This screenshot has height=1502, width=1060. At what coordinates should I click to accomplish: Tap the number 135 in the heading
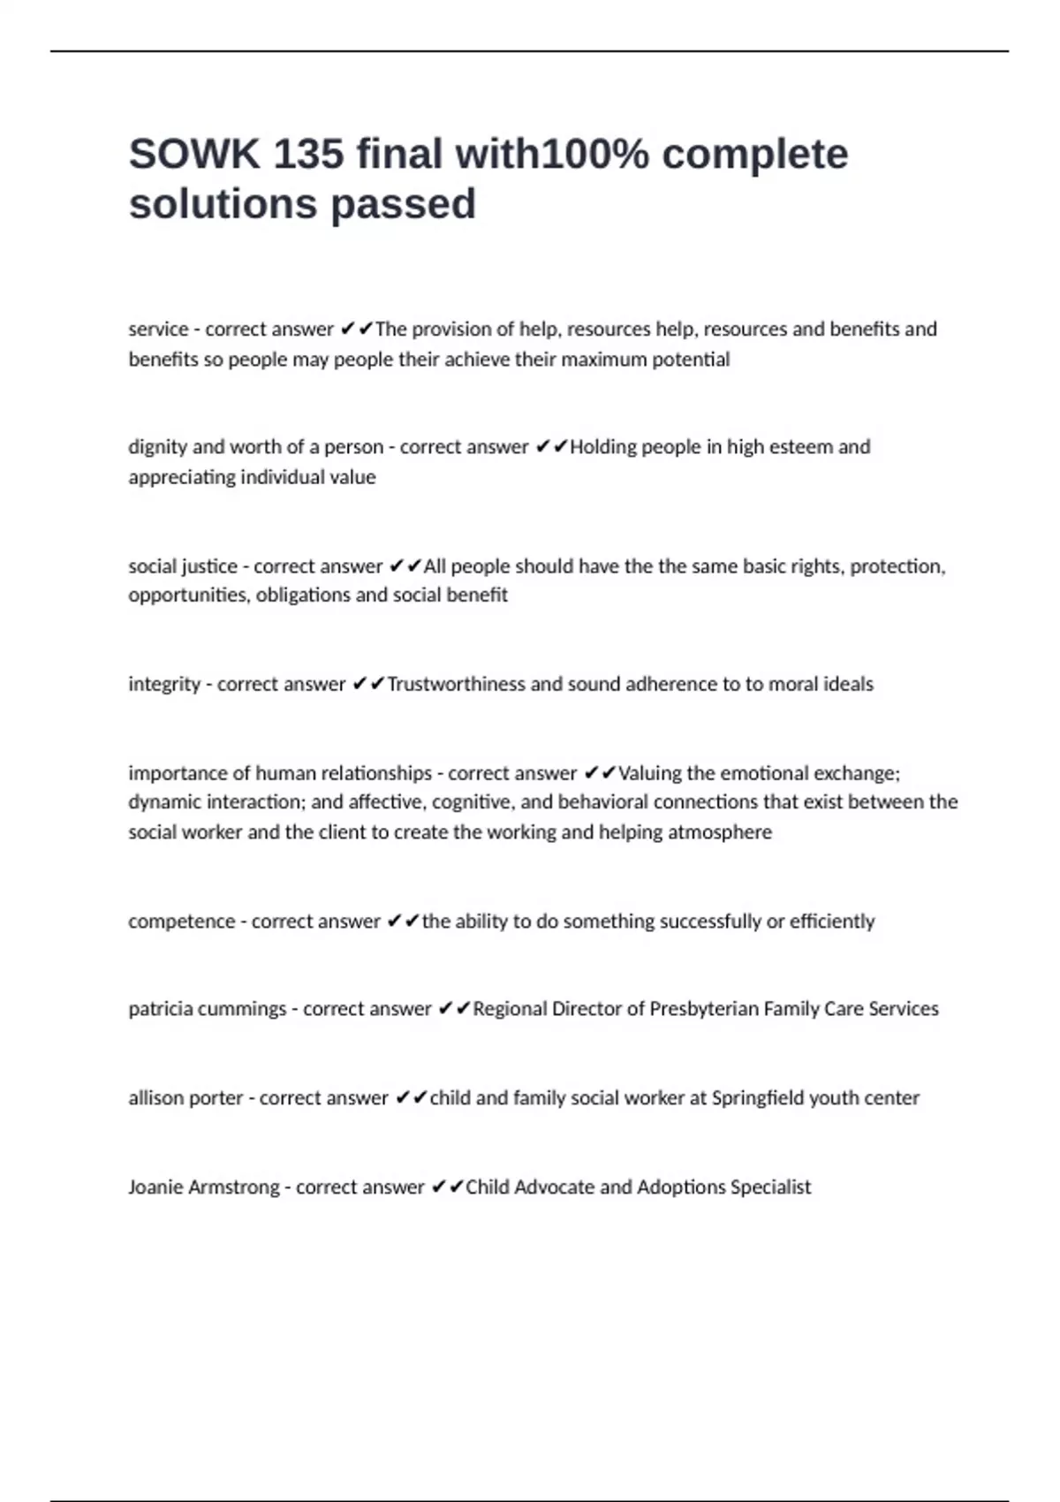308,155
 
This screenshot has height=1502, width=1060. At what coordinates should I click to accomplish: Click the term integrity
164,684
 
